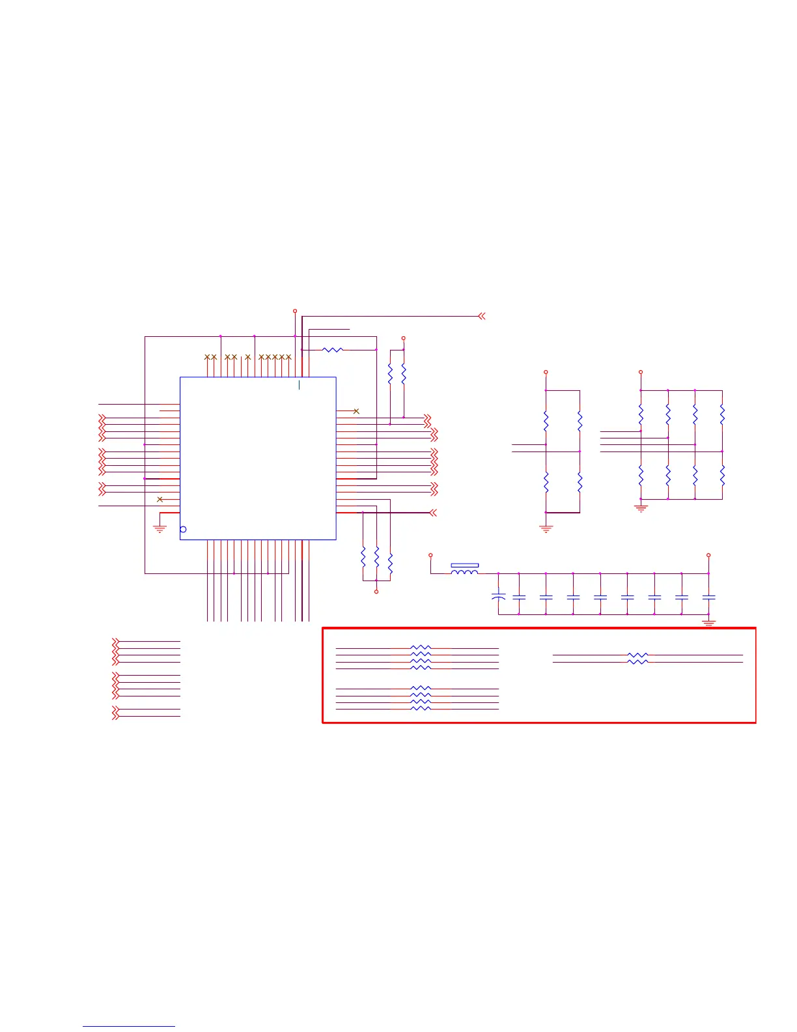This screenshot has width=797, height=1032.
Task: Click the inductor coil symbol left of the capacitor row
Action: tap(465, 572)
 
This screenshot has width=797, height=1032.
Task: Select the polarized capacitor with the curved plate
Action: tap(498, 595)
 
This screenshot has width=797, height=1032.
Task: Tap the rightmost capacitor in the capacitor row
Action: tap(708, 596)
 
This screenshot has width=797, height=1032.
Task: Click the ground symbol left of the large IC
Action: tap(160, 529)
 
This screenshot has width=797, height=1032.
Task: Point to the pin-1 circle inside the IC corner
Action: tap(183, 529)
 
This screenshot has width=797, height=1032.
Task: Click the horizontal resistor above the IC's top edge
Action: tap(333, 350)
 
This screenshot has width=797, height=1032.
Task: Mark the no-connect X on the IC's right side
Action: tap(356, 411)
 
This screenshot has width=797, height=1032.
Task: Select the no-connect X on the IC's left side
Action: tap(160, 499)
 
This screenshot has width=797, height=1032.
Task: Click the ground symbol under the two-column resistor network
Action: tap(546, 529)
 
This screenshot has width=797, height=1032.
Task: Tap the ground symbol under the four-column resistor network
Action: tap(641, 508)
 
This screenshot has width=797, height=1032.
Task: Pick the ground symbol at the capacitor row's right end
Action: tap(708, 623)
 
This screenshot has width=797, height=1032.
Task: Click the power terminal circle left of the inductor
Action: tap(430, 555)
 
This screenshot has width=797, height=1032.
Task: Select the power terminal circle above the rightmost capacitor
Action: tap(708, 555)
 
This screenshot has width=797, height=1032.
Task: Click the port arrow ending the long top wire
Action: tap(481, 316)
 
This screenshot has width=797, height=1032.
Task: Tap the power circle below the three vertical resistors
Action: tap(376, 592)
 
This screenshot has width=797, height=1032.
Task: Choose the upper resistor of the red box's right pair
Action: tap(637, 655)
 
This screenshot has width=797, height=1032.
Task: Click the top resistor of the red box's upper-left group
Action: tap(421, 648)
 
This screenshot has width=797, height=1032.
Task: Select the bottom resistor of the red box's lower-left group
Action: tap(421, 708)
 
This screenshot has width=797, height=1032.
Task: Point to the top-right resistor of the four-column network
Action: tap(722, 414)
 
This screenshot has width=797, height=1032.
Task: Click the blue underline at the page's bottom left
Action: tap(129, 1027)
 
